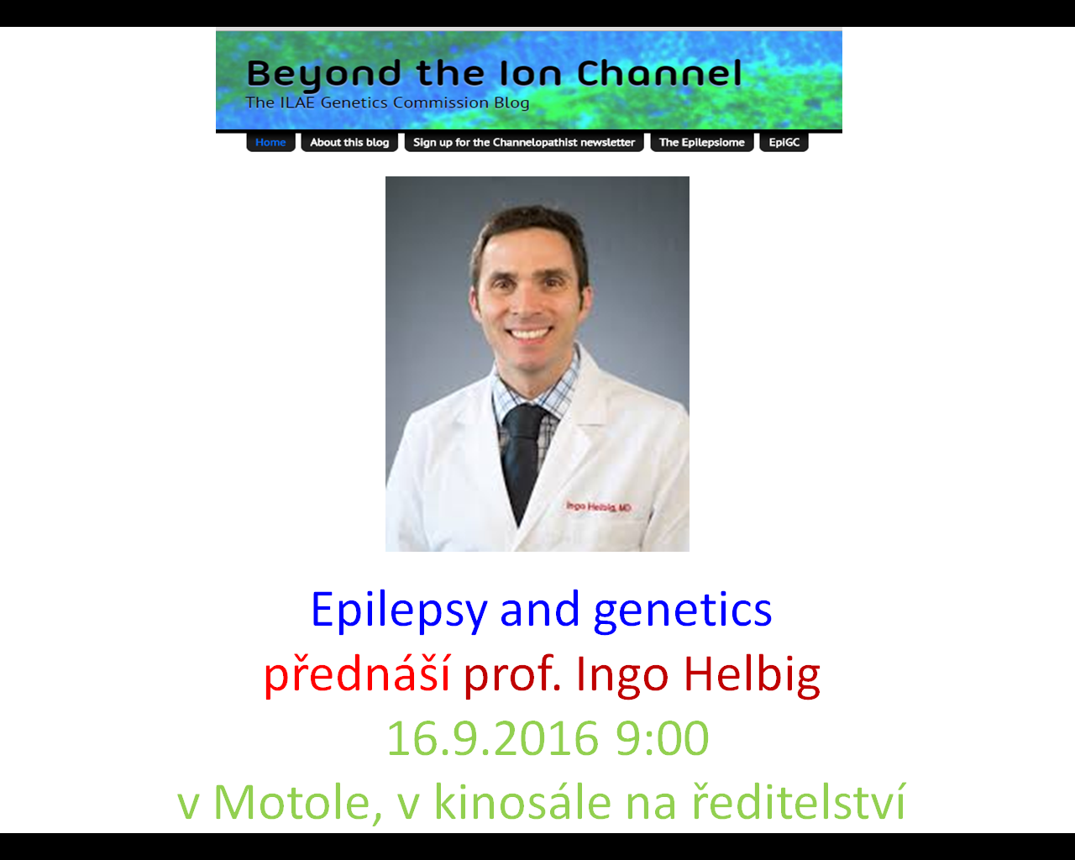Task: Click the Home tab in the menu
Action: pos(270,143)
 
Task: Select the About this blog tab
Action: pos(349,143)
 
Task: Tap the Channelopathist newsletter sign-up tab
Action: pos(524,143)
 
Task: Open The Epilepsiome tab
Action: pos(702,143)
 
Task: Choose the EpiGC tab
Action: pos(784,143)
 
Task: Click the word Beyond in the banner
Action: pos(323,75)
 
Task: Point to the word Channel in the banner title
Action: pos(659,73)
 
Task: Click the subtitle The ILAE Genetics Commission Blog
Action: pos(387,102)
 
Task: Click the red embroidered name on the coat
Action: pos(599,506)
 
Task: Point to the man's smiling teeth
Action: pos(529,333)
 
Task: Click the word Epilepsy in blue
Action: pos(399,611)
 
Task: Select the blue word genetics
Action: pos(683,611)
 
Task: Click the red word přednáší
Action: pos(357,674)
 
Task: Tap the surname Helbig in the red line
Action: pos(752,674)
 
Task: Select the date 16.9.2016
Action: pos(492,738)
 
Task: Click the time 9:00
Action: pos(662,738)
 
